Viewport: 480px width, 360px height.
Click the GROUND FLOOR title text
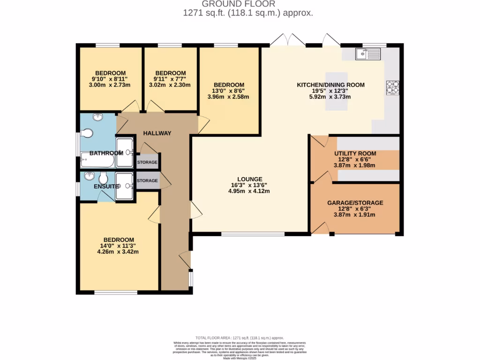coord(248,4)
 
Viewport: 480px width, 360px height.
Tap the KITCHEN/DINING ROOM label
coord(330,85)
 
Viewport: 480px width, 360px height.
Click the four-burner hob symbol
coord(392,87)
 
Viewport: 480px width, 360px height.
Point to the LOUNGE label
coord(249,179)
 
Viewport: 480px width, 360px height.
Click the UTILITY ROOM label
coord(355,153)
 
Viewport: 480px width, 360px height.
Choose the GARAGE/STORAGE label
coord(355,203)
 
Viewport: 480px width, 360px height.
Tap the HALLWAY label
coord(157,133)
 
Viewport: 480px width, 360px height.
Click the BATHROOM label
coord(106,153)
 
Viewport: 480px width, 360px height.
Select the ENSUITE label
coord(106,186)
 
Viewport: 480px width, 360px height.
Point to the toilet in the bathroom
coord(86,134)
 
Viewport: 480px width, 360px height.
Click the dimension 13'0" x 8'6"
coord(228,91)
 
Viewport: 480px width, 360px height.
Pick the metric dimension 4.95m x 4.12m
coord(249,191)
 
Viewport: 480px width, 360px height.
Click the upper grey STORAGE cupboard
coord(147,162)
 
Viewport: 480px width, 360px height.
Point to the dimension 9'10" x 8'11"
coord(111,79)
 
